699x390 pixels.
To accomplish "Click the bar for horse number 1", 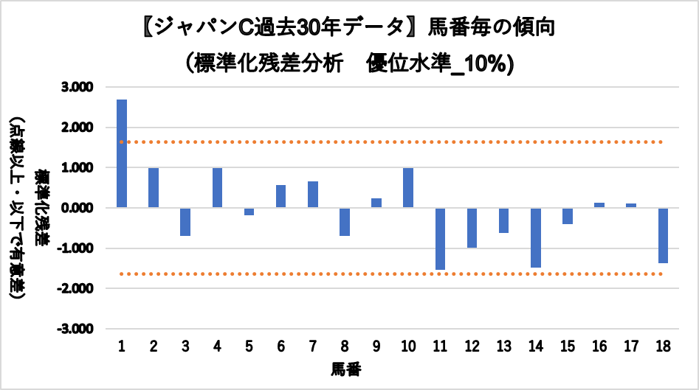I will (122, 153).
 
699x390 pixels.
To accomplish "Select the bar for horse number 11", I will (440, 239).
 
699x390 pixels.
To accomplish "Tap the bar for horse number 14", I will (535, 237).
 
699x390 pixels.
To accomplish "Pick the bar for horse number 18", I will (663, 235).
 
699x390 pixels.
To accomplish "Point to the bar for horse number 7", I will (313, 195).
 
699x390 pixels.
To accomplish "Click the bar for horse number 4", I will (217, 188).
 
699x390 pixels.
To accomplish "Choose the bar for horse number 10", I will (408, 188).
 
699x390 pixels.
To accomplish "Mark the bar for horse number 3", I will (185, 222).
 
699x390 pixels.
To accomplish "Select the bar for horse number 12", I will (472, 228).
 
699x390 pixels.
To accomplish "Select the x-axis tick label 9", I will (376, 347).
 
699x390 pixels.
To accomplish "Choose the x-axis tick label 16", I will (599, 347).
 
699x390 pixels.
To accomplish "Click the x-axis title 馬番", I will (345, 368).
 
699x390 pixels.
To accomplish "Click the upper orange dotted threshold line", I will (391, 142).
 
